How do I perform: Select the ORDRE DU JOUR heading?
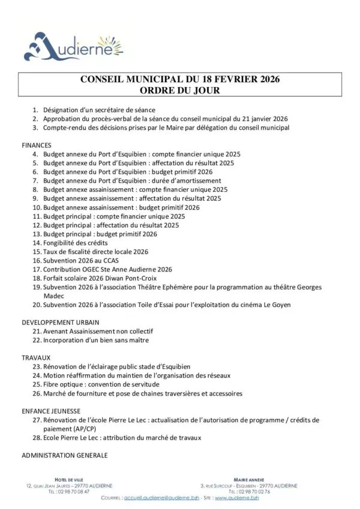coord(179,91)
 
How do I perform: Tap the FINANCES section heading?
coord(37,145)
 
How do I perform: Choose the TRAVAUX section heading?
coord(36,357)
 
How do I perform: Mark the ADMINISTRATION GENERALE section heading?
coord(64,455)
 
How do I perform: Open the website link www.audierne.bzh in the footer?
coord(237,498)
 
